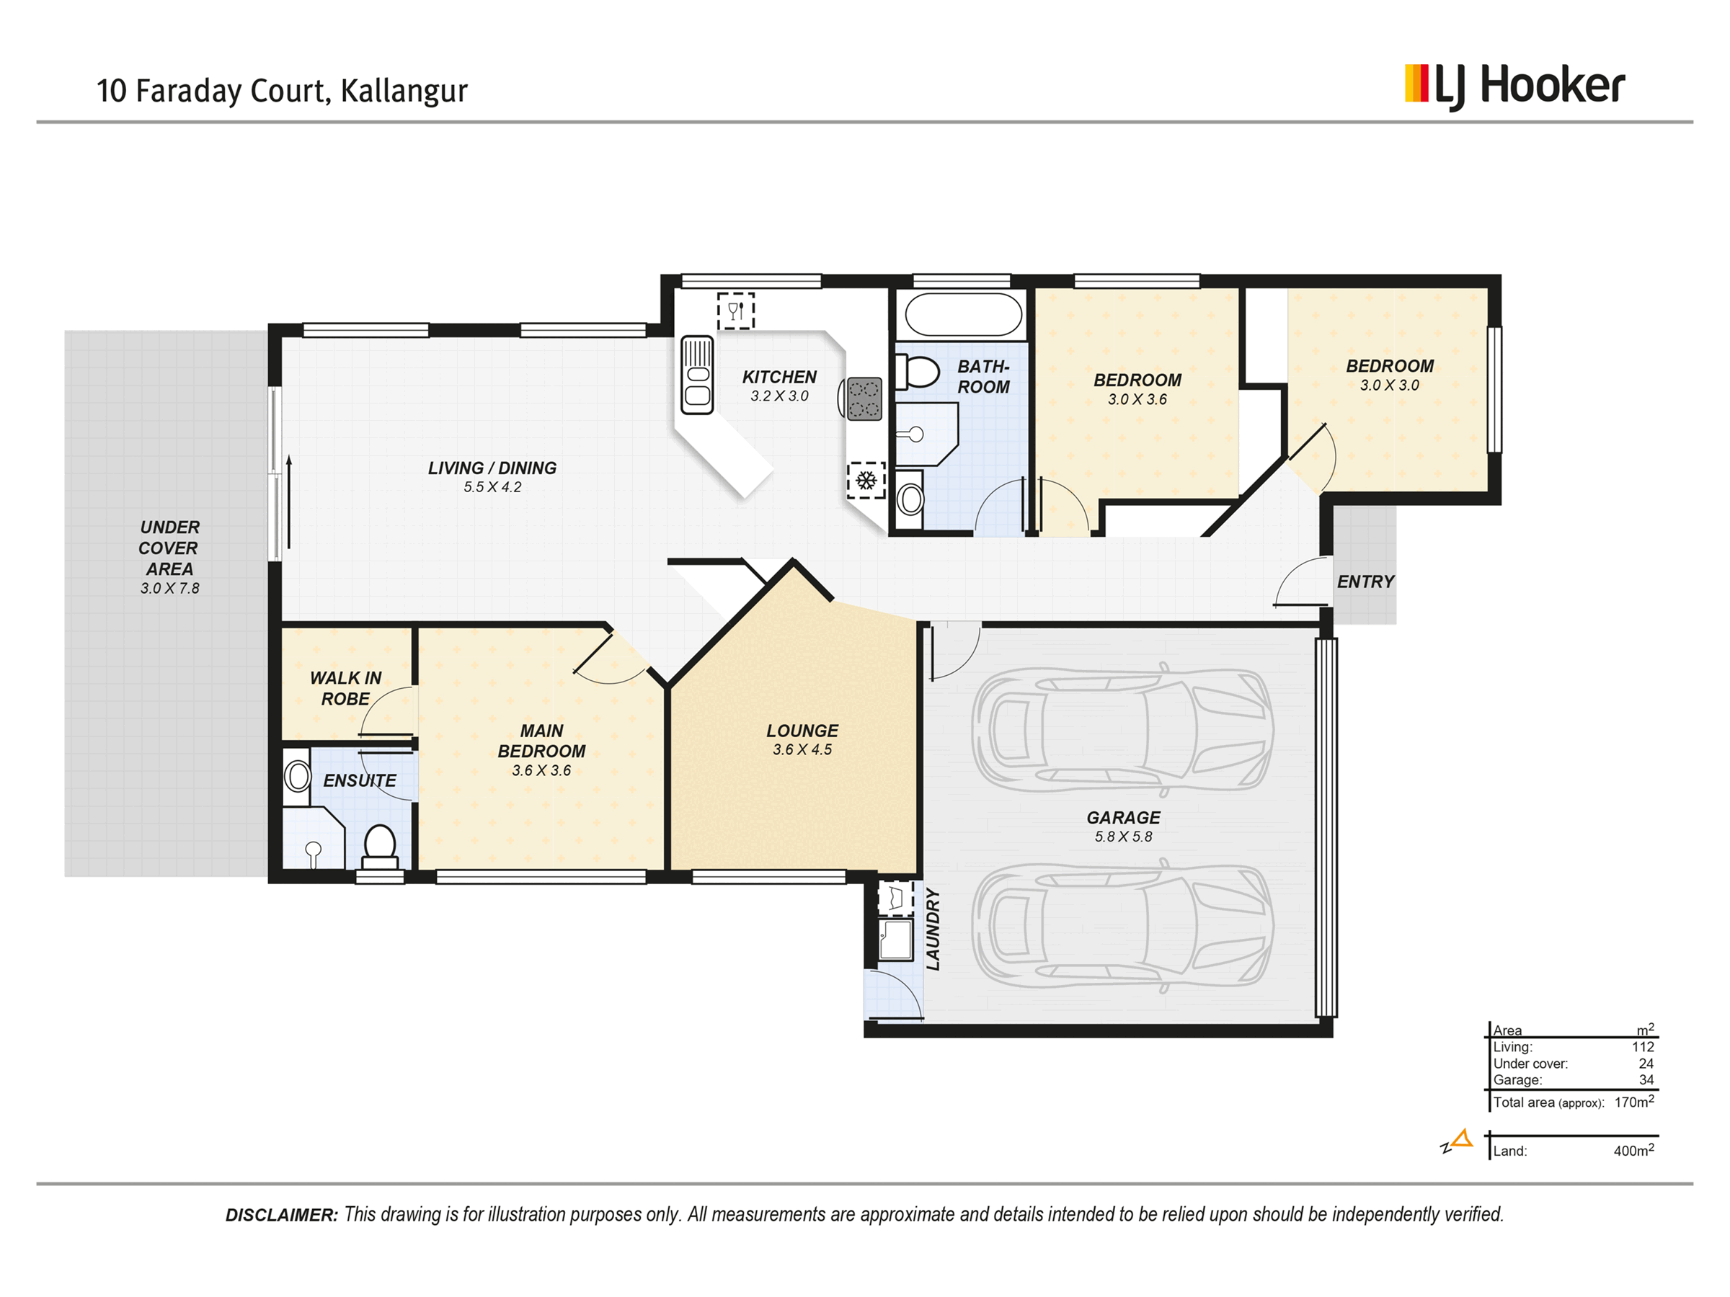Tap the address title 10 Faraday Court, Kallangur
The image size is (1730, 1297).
283,91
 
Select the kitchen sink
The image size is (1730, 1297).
697,375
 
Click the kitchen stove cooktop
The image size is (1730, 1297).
864,398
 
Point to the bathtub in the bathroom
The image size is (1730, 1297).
963,314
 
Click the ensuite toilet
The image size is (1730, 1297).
380,847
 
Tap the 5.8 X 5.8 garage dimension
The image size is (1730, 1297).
1123,837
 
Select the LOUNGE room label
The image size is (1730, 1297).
802,731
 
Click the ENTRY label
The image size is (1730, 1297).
1365,581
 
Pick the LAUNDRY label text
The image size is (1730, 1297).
932,930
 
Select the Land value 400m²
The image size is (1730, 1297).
1634,1150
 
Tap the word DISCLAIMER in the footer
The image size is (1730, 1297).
282,1215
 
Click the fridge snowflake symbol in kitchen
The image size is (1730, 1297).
866,479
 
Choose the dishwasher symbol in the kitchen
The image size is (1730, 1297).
736,311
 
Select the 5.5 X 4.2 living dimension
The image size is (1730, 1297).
492,487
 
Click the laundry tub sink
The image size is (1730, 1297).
895,939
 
